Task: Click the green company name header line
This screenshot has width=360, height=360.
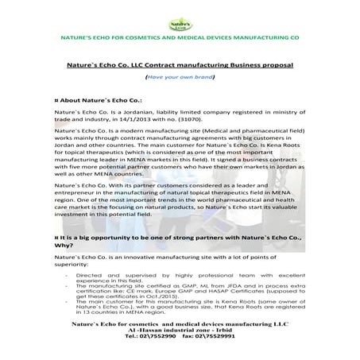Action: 179,38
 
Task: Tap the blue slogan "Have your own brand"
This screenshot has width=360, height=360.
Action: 179,80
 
